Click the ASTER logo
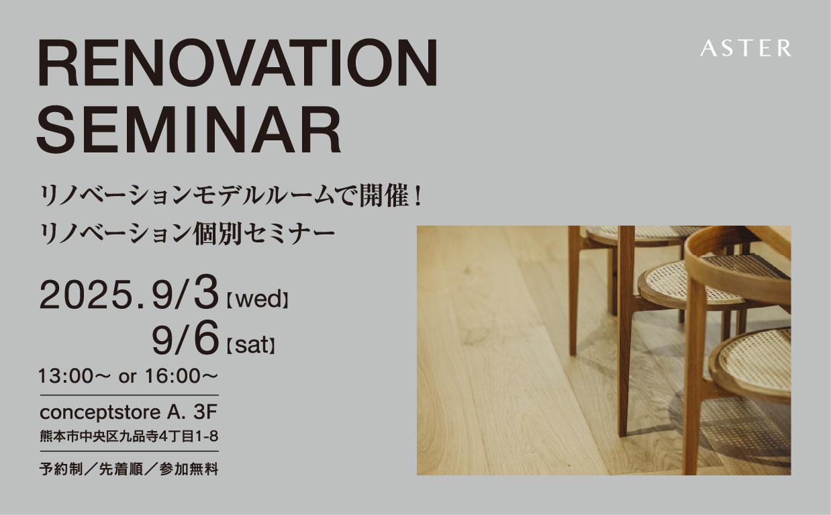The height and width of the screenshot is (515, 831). pos(745,48)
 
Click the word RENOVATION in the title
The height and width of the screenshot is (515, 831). pos(238,62)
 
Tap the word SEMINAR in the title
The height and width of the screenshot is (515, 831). pos(189,129)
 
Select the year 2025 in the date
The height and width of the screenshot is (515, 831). pos(87,295)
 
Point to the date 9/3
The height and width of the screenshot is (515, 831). pos(185,294)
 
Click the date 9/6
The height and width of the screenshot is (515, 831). pos(185,338)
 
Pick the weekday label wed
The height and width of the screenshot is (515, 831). pos(258,299)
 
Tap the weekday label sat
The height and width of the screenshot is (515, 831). pos(251,345)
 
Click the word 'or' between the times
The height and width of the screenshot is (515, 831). pos(128,378)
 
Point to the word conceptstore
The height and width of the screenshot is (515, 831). pos(100,413)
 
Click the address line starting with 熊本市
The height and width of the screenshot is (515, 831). pos(129,436)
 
